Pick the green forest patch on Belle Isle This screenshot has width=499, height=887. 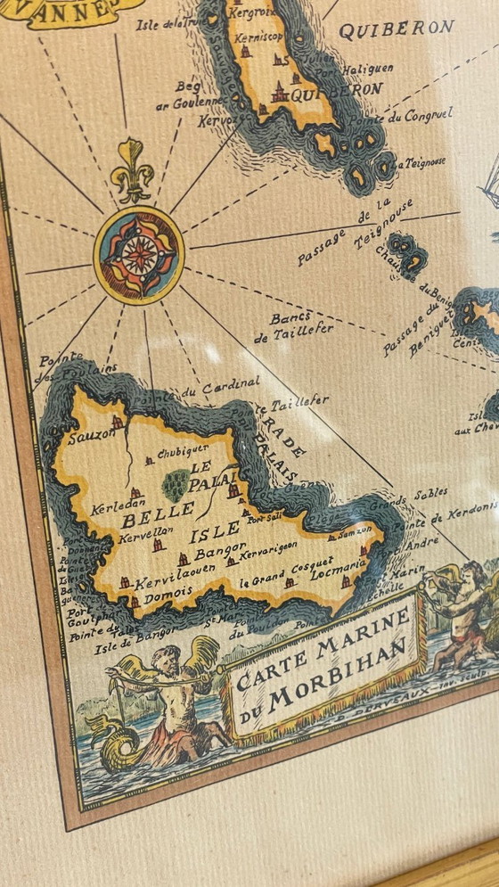(x=176, y=485)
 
